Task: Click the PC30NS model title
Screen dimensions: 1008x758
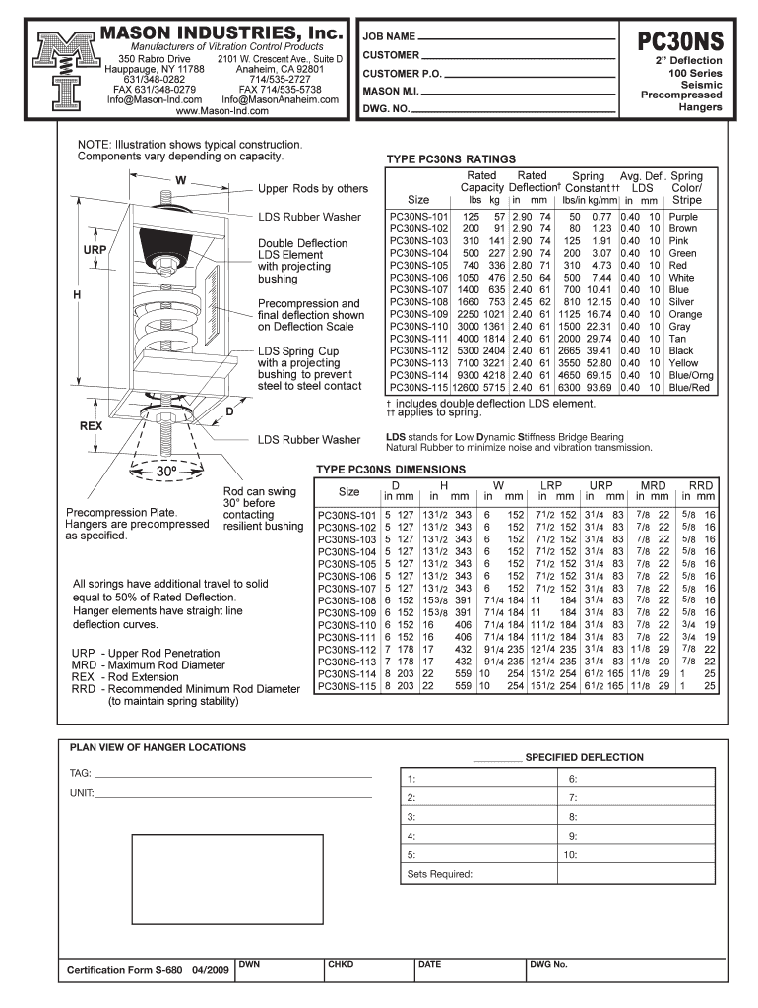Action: click(680, 40)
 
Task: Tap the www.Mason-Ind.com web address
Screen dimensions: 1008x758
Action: click(221, 111)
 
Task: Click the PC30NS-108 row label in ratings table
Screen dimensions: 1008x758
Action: click(419, 302)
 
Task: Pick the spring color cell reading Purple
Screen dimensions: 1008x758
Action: click(682, 217)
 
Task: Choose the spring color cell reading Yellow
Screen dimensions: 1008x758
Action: click(683, 363)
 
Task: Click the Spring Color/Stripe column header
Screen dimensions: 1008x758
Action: click(686, 188)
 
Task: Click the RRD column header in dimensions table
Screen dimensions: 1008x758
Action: click(701, 486)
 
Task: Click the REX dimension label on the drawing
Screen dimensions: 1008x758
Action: click(92, 427)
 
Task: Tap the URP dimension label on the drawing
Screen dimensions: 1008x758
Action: click(95, 251)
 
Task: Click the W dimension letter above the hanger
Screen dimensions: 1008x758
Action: click(180, 181)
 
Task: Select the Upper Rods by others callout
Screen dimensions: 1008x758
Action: click(313, 189)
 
